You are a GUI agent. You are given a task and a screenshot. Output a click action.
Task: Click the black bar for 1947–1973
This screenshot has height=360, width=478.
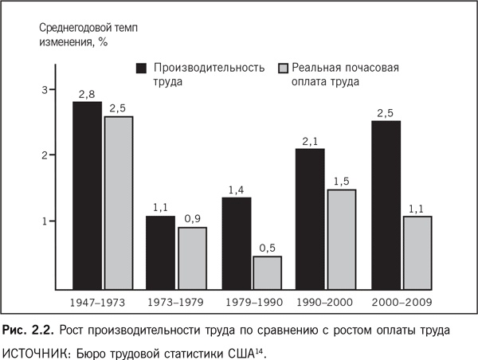87,195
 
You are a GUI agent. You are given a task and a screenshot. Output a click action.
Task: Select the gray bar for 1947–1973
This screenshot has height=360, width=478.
118,202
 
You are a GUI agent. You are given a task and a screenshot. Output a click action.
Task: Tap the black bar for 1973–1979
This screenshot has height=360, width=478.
159,252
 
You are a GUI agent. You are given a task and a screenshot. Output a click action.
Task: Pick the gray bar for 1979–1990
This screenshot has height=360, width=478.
267,272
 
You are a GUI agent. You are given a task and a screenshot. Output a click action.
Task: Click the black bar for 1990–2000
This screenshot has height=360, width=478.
310,218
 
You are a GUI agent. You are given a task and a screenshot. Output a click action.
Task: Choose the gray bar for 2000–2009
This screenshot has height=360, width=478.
417,252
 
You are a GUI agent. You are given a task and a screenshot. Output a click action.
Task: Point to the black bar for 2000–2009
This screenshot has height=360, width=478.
385,205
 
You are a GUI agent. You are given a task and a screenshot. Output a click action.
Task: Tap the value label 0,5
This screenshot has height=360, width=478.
268,248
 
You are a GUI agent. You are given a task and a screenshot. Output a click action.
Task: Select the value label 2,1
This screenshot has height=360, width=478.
310,142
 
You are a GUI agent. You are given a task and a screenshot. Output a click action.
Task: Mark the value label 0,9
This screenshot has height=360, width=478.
192,219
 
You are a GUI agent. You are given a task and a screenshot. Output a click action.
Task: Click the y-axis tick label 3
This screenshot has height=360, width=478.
45,89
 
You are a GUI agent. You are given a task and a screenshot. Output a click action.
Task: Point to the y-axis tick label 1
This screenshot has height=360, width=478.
45,221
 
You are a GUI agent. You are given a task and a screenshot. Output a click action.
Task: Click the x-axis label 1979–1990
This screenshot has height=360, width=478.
251,303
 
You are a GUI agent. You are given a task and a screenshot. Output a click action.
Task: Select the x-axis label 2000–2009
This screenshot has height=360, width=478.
402,303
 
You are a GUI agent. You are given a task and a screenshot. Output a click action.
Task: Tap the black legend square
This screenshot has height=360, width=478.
143,67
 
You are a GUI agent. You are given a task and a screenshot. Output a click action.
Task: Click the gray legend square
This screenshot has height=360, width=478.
281,67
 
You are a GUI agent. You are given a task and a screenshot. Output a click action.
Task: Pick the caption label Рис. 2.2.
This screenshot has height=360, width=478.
29,329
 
